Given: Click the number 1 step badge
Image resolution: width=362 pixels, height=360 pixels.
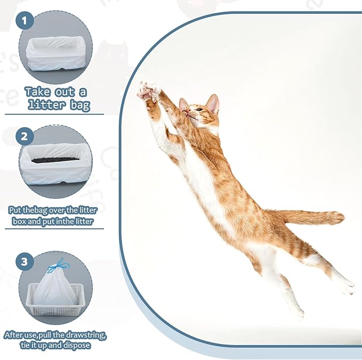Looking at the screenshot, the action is pyautogui.click(x=25, y=21).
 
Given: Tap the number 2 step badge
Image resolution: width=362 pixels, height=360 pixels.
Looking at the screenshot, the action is pyautogui.click(x=25, y=136).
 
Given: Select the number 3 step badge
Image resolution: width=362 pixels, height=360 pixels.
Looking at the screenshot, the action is pyautogui.click(x=25, y=262).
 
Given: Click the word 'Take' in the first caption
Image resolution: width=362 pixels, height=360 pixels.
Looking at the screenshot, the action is pyautogui.click(x=38, y=92).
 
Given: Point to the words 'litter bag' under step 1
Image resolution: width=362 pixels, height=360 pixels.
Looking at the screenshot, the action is pyautogui.click(x=59, y=105).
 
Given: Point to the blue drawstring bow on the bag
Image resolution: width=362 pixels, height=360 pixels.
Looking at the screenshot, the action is pyautogui.click(x=58, y=266).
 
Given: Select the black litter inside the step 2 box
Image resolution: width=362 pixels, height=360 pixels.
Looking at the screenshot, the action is pyautogui.click(x=55, y=159).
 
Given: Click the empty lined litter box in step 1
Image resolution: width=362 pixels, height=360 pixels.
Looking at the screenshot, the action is pyautogui.click(x=55, y=53).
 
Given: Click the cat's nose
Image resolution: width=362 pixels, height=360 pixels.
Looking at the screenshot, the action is pyautogui.click(x=188, y=111).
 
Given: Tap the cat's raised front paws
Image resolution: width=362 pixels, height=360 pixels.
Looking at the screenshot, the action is pyautogui.click(x=148, y=91).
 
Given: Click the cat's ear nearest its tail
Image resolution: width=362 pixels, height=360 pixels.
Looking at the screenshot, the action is pyautogui.click(x=213, y=103).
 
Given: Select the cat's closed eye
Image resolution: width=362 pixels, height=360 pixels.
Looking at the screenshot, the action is pyautogui.click(x=199, y=109).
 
